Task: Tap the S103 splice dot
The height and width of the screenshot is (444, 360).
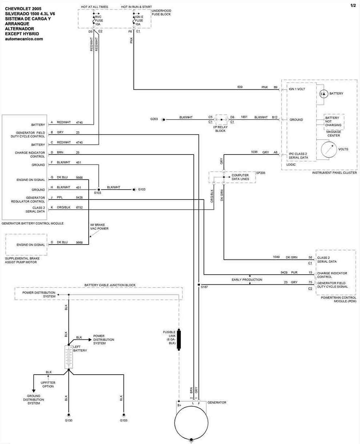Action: tap(99, 189)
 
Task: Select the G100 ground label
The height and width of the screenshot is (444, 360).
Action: tap(68, 420)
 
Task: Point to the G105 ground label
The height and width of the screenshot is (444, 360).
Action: tap(124, 420)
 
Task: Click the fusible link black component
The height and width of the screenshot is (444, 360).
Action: tap(179, 340)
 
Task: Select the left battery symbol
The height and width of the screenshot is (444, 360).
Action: tap(68, 357)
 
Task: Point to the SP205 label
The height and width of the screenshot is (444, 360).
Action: tap(261, 173)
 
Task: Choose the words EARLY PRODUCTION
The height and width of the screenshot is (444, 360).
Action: tap(247, 280)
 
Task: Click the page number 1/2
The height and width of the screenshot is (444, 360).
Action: tap(353, 5)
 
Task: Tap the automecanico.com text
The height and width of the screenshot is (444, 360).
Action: tap(24, 39)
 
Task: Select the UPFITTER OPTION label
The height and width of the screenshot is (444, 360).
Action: tap(48, 384)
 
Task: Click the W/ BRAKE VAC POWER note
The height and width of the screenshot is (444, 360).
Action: tap(99, 227)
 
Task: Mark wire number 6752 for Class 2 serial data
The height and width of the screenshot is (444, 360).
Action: tap(79, 207)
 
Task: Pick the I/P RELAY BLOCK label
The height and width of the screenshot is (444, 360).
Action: tap(221, 129)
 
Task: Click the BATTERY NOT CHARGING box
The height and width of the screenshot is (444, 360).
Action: tap(333, 121)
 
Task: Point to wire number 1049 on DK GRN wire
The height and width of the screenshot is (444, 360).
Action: tap(276, 257)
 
